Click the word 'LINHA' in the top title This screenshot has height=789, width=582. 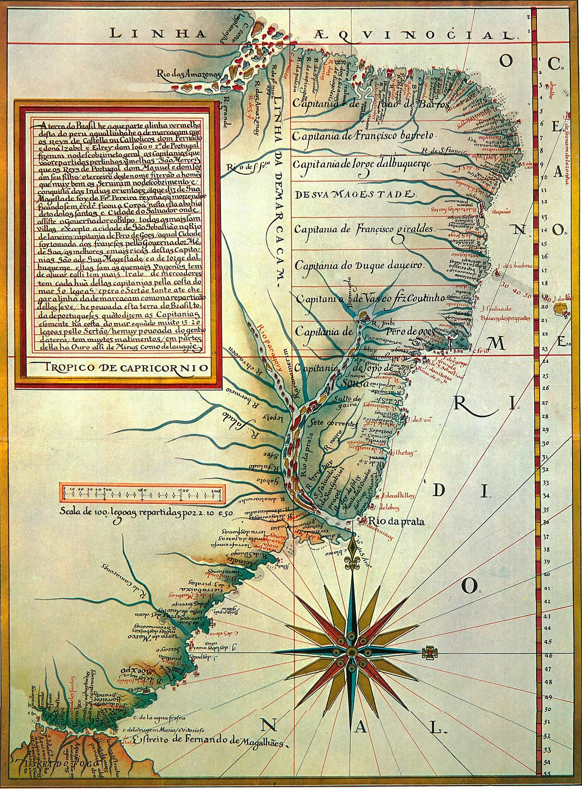(140, 33)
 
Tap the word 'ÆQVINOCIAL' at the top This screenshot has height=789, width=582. (414, 34)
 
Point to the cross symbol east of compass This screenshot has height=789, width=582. (428, 653)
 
